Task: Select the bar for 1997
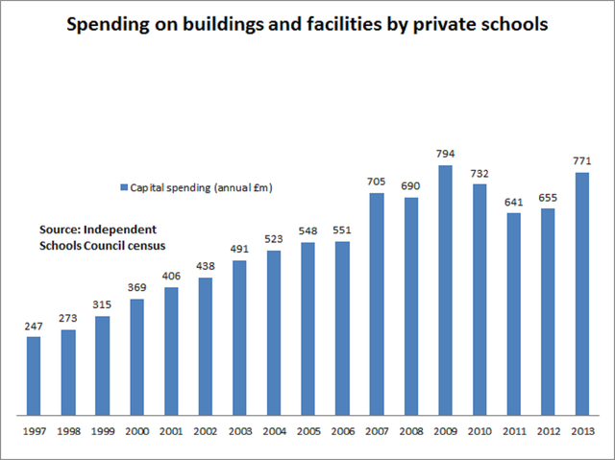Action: (x=34, y=374)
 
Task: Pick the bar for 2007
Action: (x=377, y=303)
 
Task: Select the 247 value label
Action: (x=34, y=326)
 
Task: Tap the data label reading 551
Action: (x=343, y=230)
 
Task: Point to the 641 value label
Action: (x=514, y=202)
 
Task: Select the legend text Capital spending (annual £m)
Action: (x=201, y=187)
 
